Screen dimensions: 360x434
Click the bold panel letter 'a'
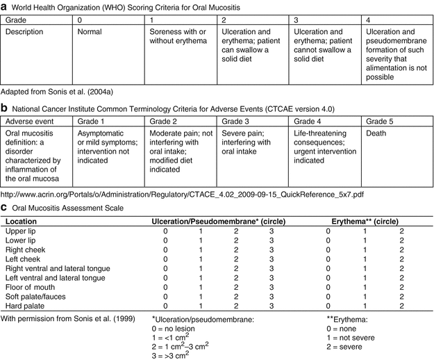pyautogui.click(x=4, y=6)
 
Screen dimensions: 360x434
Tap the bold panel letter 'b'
pyautogui.click(x=4, y=108)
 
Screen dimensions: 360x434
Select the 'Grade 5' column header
pyautogui.click(x=378, y=121)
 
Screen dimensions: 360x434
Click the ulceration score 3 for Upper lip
pyautogui.click(x=272, y=231)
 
